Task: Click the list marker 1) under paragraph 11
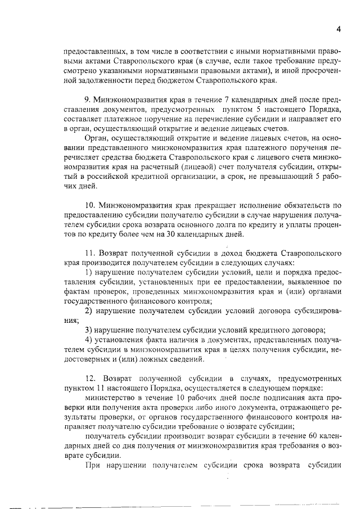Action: (88, 272)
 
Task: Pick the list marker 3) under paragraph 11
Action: (88, 330)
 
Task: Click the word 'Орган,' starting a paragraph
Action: (96, 137)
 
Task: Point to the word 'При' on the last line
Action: (92, 465)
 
